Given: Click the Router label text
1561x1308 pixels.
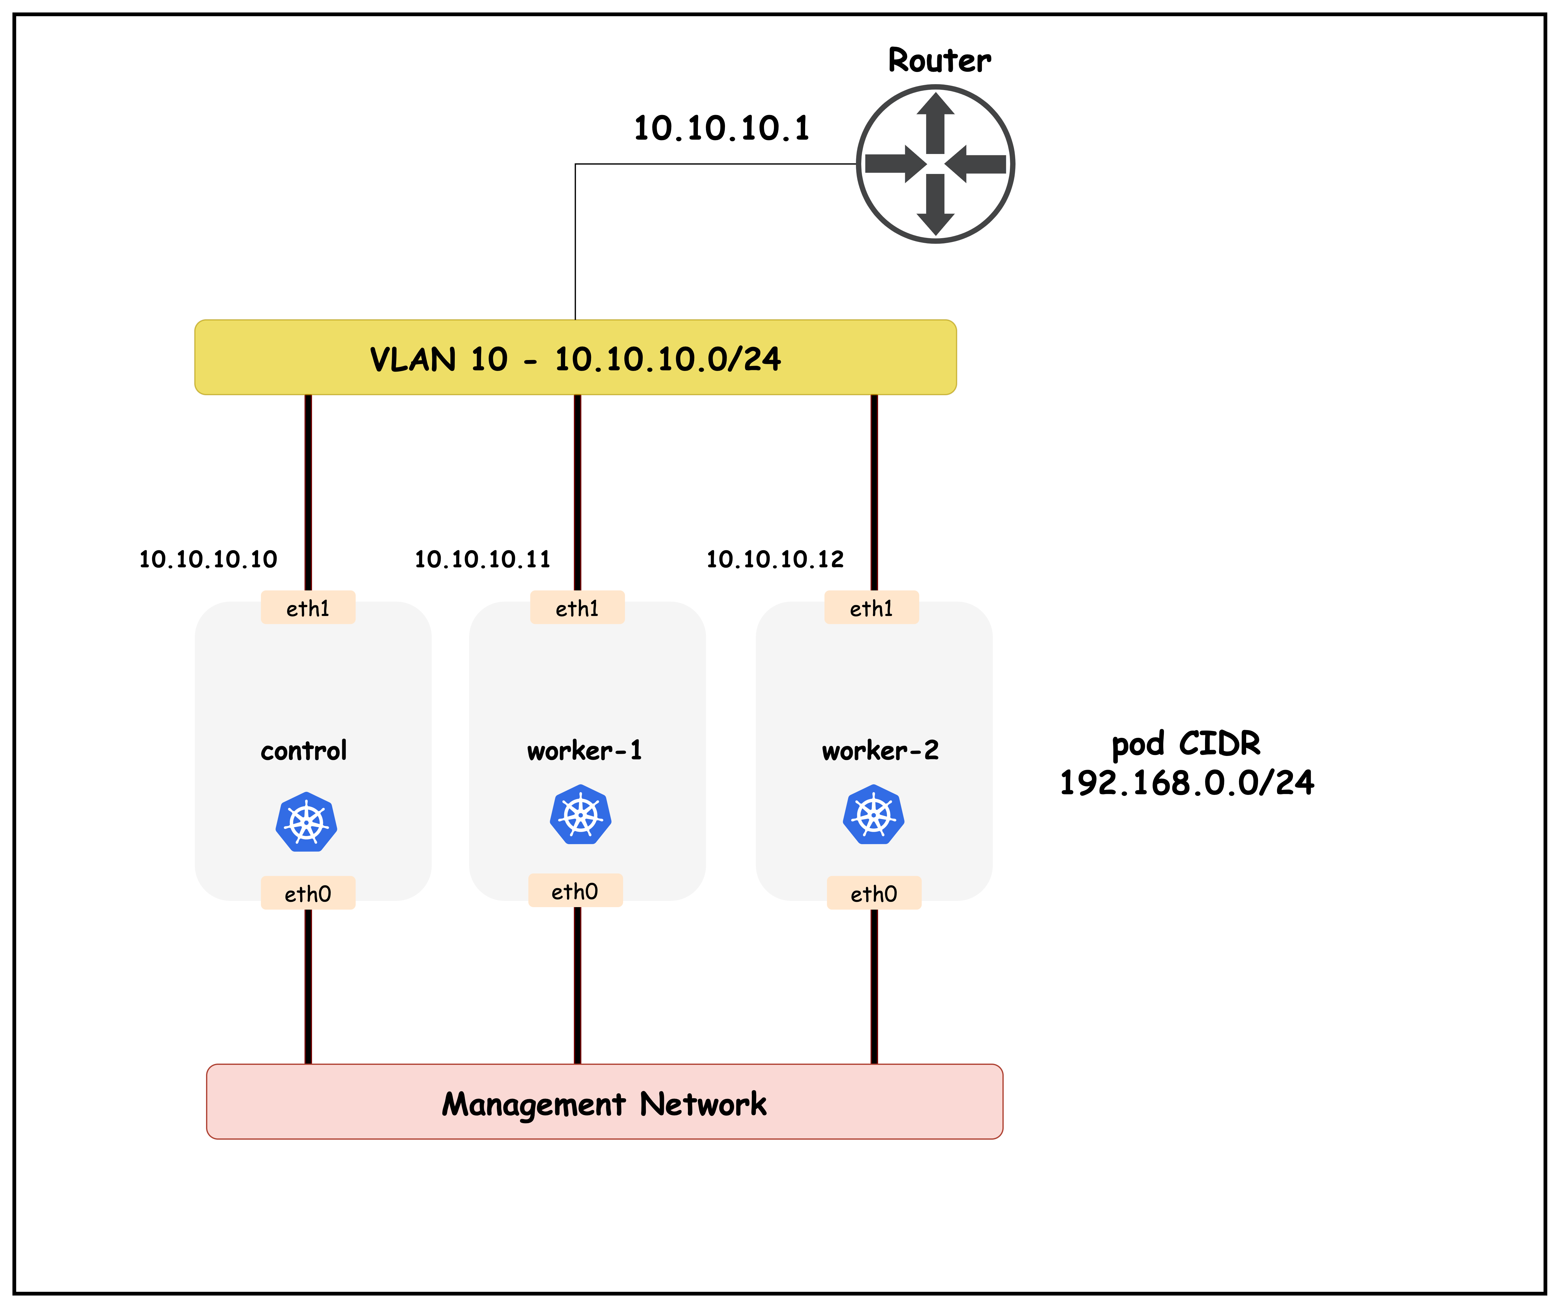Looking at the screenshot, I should tap(939, 60).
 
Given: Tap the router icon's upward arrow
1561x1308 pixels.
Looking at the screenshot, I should tap(935, 119).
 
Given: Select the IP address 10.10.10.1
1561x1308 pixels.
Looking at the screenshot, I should tap(721, 128).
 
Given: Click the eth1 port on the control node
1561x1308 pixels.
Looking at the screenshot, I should tap(308, 608).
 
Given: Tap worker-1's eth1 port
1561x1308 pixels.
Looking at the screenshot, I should tap(577, 608).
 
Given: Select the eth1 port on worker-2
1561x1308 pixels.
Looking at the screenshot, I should tap(871, 608).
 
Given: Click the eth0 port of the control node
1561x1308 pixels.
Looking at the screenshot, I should tap(308, 893).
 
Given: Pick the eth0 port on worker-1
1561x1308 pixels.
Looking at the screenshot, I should tap(574, 891).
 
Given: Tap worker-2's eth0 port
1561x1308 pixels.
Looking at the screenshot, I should tap(874, 893).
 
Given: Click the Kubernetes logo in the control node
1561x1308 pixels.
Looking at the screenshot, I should tap(306, 822).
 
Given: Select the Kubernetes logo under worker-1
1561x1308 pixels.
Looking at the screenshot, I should tap(580, 815).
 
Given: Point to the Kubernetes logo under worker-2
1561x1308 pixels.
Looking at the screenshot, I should tap(873, 815).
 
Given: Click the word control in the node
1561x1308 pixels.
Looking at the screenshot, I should tap(303, 751).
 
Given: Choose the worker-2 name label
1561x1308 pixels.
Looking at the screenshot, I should tap(880, 751).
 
